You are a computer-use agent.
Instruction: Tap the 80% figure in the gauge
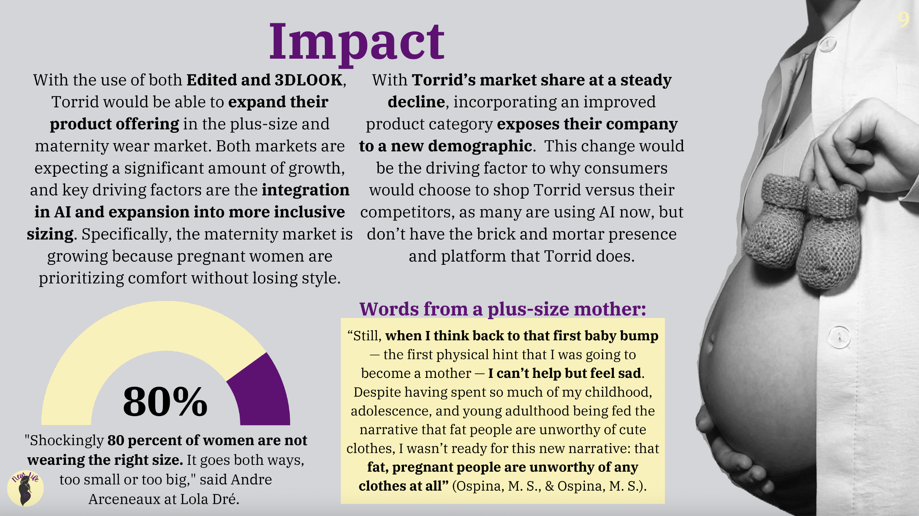(165, 402)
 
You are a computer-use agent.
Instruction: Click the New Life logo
(25, 488)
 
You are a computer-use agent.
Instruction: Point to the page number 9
(903, 19)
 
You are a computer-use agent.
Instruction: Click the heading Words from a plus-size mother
(502, 309)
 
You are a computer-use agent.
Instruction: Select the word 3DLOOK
(308, 80)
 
